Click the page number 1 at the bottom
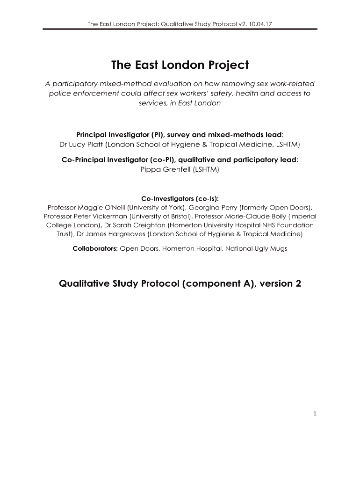[x=316, y=413]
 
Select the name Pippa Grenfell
[x=180, y=169]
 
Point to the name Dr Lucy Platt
[x=79, y=144]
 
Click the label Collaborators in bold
[x=95, y=248]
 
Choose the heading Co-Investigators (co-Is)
[x=180, y=198]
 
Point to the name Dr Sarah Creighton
[x=133, y=225]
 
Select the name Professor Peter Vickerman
[x=86, y=216]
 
